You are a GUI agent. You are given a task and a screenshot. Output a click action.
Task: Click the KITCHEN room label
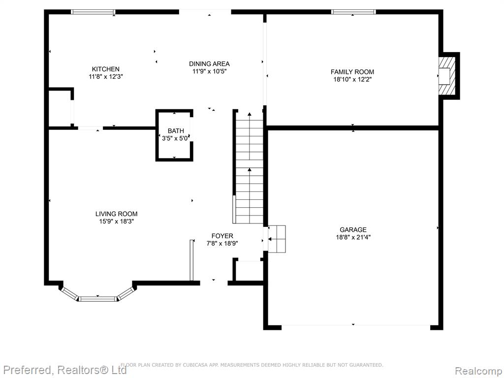[106, 69]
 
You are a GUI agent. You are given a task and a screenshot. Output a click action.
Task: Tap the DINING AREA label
[209, 64]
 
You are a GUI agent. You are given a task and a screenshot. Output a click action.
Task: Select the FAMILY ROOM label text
[352, 72]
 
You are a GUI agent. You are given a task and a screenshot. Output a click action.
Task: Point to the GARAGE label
[353, 230]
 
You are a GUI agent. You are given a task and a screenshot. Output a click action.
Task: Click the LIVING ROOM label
[116, 214]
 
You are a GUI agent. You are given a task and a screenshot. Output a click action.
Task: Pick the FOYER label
[222, 236]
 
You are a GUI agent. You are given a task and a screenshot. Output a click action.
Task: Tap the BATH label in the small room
[176, 131]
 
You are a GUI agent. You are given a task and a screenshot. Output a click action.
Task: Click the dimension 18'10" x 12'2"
[352, 80]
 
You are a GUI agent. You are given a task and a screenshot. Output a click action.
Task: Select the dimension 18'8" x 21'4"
[353, 238]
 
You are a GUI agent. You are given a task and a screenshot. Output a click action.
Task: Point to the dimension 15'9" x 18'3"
[116, 221]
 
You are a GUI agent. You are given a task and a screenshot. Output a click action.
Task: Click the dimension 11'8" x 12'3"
[106, 77]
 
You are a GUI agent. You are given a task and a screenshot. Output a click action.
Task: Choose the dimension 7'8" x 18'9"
[222, 244]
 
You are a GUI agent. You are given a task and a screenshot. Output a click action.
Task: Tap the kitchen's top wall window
[93, 12]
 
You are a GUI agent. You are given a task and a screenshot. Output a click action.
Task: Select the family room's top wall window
[353, 12]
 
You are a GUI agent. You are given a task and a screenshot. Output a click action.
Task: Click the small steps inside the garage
[277, 239]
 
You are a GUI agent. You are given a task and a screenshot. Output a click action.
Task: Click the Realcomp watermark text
[479, 371]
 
